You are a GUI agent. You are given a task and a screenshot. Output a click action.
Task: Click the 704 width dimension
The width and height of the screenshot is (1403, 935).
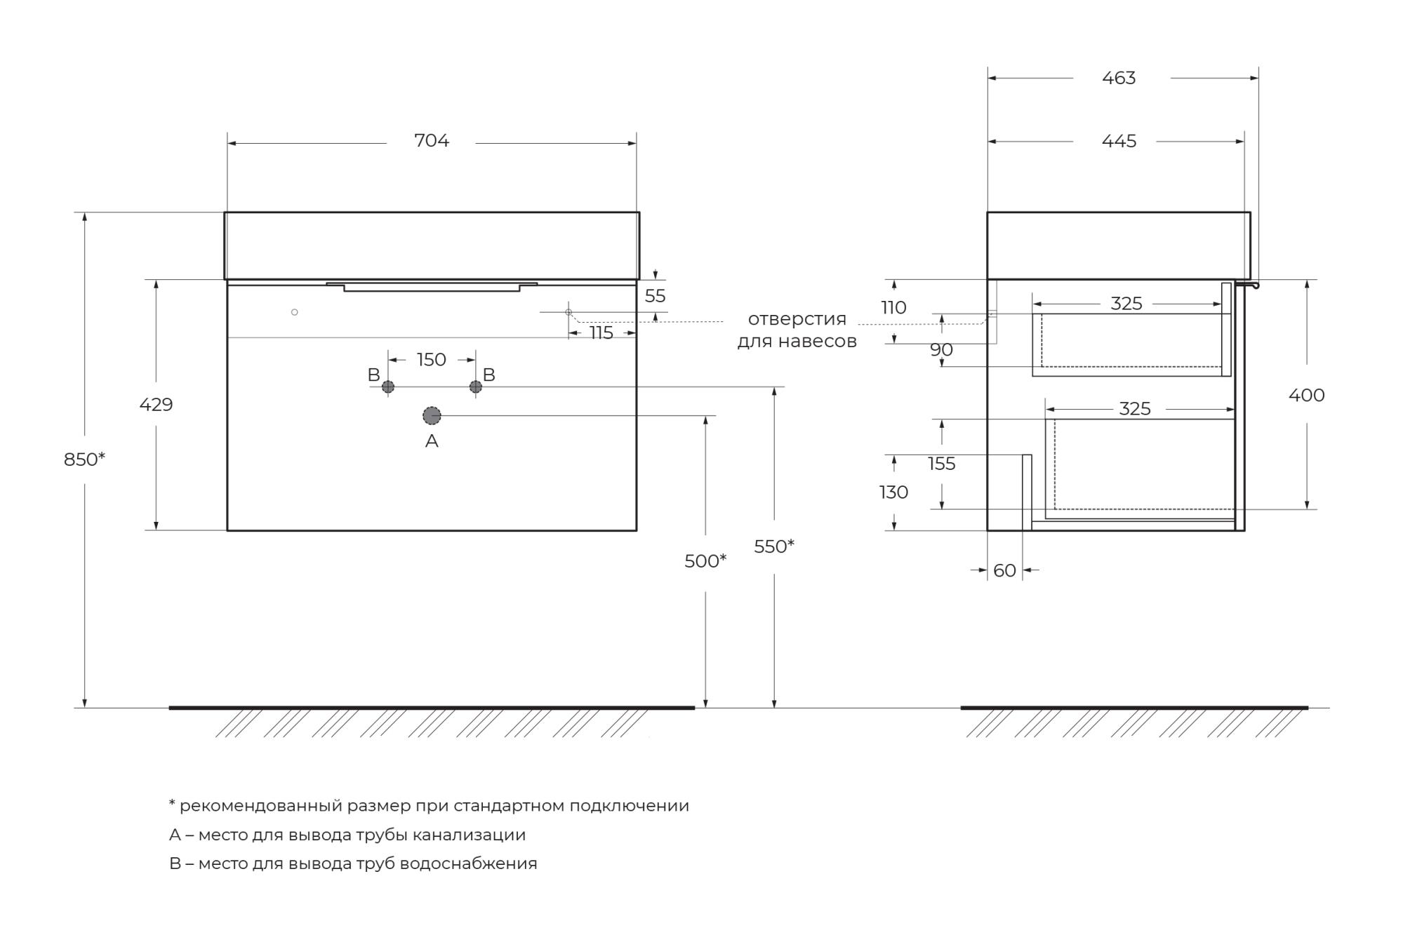coord(431,141)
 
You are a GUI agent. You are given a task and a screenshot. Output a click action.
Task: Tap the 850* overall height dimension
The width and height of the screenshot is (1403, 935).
coord(84,459)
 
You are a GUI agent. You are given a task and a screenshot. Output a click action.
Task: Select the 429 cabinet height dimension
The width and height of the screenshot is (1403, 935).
coord(156,405)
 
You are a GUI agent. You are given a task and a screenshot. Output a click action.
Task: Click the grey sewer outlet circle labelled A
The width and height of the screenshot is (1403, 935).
coord(432,416)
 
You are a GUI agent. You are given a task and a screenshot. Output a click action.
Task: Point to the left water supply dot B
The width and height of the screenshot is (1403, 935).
coord(388,386)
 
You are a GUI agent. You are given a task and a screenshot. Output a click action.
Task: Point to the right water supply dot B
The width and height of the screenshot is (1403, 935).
coord(476,386)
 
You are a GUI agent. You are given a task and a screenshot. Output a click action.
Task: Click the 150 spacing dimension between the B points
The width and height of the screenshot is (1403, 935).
coord(431,360)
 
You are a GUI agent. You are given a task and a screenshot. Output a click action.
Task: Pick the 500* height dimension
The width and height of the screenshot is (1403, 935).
coord(705,561)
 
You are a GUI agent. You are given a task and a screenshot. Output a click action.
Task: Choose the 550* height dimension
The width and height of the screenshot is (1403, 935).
coord(774,546)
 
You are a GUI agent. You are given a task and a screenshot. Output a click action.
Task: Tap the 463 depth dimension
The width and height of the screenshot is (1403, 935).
coord(1119,78)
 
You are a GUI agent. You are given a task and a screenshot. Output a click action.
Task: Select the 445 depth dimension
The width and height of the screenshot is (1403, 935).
coord(1119,141)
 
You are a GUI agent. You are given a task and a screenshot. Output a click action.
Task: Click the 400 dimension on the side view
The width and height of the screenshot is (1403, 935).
coord(1306,396)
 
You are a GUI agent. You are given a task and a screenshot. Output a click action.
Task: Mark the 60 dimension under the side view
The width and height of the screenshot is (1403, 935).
coord(1004,571)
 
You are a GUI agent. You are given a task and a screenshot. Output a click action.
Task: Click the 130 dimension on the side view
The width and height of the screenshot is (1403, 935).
coord(893,492)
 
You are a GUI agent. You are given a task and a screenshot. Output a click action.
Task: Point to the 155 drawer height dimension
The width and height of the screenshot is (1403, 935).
coord(941,464)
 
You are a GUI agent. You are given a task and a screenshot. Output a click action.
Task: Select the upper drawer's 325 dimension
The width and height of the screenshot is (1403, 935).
coord(1126,304)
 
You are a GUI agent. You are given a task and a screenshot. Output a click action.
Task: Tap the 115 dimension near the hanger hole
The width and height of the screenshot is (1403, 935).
coord(601,333)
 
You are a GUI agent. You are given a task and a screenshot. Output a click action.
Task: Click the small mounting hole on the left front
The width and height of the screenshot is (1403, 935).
coord(295,312)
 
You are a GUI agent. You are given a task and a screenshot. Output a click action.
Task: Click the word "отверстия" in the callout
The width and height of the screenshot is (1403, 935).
coord(797,319)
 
